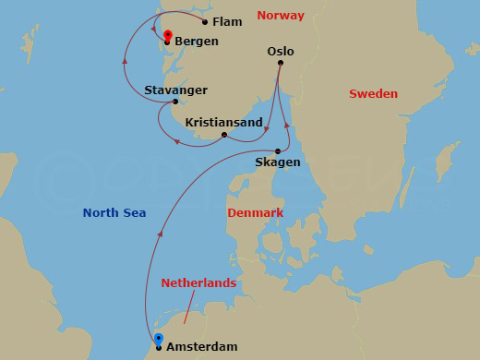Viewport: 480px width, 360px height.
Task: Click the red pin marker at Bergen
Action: coord(167,36)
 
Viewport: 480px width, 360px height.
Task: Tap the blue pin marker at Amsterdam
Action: coord(158,339)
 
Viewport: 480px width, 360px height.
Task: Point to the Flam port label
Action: coord(227,21)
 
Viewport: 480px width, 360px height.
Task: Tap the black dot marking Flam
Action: coord(205,21)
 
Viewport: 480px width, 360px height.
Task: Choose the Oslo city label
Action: coord(280,52)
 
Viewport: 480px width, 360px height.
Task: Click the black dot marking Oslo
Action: coord(280,64)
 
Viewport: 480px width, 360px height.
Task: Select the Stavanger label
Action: coord(175,90)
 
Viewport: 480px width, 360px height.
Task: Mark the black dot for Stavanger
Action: coord(174,102)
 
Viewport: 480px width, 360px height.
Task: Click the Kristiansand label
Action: coord(223,122)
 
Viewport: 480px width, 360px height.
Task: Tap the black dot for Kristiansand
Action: coord(224,135)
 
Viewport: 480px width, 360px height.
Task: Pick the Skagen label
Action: coord(278,162)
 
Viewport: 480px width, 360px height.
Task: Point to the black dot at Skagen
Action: coord(278,151)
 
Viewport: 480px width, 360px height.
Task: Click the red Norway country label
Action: coord(281,16)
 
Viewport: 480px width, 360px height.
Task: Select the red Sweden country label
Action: coord(373,94)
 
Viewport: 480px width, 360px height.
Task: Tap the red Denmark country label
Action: coord(255,213)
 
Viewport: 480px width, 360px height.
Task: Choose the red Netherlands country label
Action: coord(198,283)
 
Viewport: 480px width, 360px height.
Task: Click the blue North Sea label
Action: coord(114,213)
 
